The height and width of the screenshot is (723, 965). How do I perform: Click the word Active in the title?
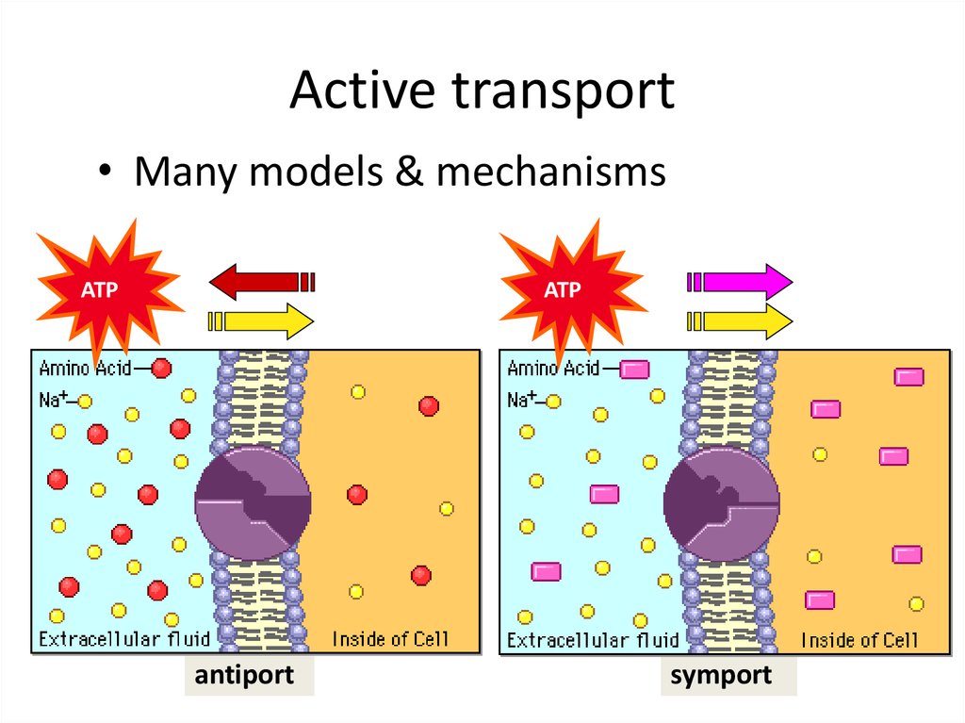(363, 90)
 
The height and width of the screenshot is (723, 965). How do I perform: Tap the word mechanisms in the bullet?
(550, 172)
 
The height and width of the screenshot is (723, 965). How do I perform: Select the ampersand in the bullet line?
(409, 172)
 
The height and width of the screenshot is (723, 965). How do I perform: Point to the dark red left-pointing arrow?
(262, 282)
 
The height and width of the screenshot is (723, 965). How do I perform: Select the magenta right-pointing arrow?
(740, 282)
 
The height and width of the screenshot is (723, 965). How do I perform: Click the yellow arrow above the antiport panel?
(261, 320)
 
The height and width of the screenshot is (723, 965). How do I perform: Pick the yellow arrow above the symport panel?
(740, 320)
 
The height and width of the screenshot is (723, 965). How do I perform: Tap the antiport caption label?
(244, 676)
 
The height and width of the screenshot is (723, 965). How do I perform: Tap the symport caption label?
(721, 676)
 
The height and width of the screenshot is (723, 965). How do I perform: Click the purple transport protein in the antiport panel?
(253, 503)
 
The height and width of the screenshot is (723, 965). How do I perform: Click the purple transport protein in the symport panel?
(722, 503)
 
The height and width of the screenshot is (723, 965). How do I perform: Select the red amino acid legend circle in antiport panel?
(161, 369)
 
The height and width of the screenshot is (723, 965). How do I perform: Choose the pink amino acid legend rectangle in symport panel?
(634, 370)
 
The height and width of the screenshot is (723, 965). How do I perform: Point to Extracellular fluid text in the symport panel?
(593, 640)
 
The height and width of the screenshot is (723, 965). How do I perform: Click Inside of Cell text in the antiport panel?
(390, 639)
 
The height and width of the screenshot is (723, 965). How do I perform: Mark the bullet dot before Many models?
(106, 171)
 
